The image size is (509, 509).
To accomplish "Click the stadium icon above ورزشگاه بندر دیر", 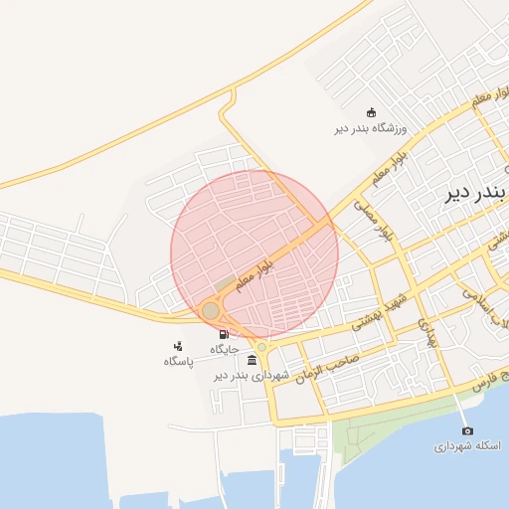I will pyautogui.click(x=371, y=112).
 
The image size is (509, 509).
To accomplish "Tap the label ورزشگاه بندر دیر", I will pyautogui.click(x=371, y=128).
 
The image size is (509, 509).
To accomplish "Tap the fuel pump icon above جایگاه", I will pyautogui.click(x=223, y=335).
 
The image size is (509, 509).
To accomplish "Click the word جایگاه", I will pyautogui.click(x=223, y=350).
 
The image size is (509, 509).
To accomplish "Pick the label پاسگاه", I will pyautogui.click(x=178, y=361).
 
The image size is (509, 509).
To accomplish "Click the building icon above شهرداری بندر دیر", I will pyautogui.click(x=252, y=360).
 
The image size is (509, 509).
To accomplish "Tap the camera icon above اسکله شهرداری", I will pyautogui.click(x=468, y=430).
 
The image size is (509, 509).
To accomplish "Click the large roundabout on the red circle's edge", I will pyautogui.click(x=211, y=311).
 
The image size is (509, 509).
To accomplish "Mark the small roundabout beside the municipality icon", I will pyautogui.click(x=262, y=347).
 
